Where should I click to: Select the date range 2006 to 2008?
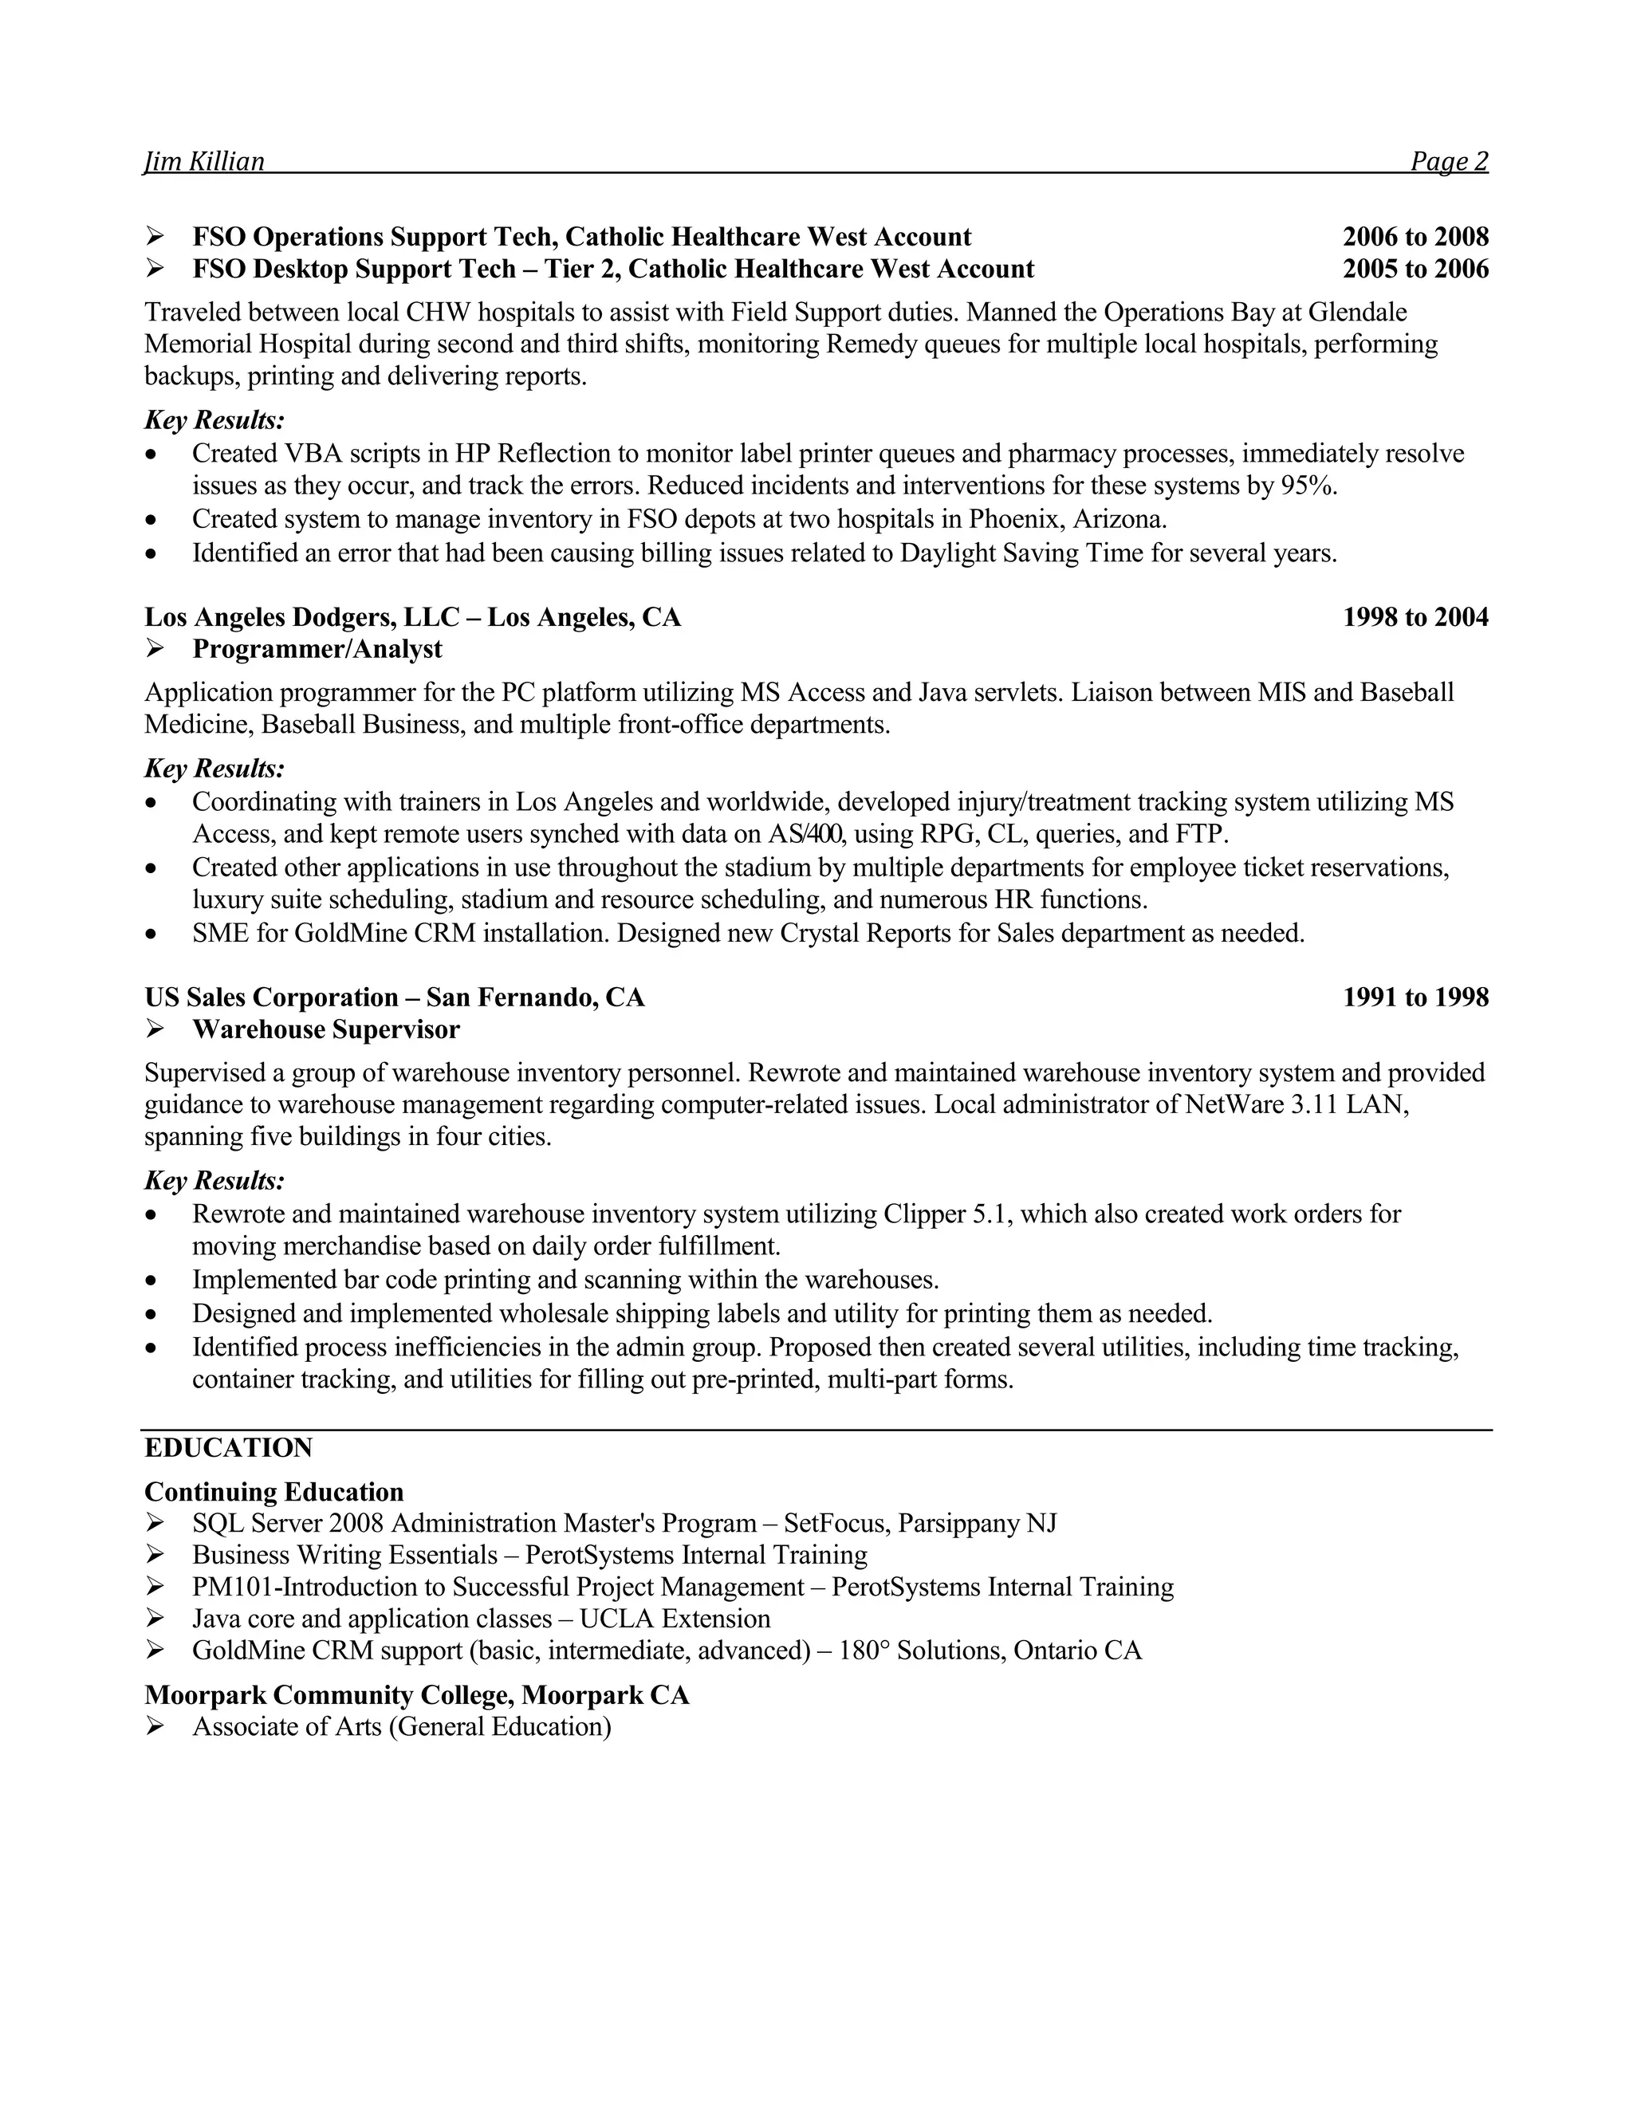(x=1415, y=237)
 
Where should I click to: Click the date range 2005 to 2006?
(x=1415, y=269)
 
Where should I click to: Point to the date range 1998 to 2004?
(x=1415, y=617)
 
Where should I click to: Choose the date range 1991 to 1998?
(x=1415, y=997)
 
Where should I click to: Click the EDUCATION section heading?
(x=228, y=1448)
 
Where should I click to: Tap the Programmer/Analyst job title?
(x=317, y=649)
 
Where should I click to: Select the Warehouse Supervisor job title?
(x=326, y=1029)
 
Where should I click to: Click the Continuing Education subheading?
(x=273, y=1492)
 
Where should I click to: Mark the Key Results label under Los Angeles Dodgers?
(x=214, y=769)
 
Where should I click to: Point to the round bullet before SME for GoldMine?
(x=150, y=935)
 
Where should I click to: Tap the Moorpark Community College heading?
(x=417, y=1695)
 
